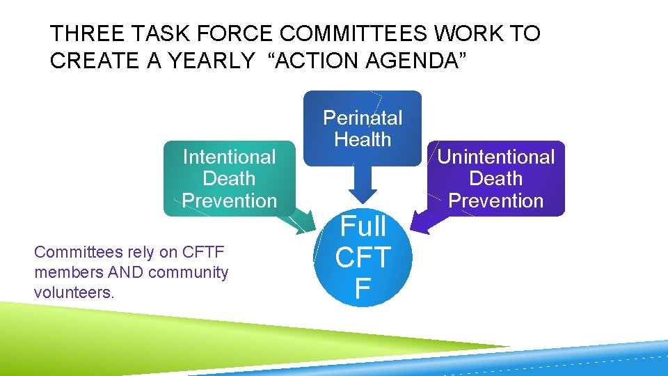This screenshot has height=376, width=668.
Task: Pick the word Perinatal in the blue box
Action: click(x=363, y=117)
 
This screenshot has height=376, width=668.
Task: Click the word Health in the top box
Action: click(x=363, y=139)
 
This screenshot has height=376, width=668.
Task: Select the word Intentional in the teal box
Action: click(x=229, y=157)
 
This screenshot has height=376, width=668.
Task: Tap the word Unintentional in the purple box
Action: click(x=495, y=157)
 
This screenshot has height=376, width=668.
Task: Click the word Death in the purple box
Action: click(x=495, y=178)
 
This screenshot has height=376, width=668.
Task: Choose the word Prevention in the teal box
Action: click(x=229, y=201)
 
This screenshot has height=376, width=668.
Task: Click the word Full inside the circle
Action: click(x=363, y=226)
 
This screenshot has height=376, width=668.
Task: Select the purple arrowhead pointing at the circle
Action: click(x=419, y=222)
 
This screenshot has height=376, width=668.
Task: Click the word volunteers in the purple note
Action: click(x=73, y=292)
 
